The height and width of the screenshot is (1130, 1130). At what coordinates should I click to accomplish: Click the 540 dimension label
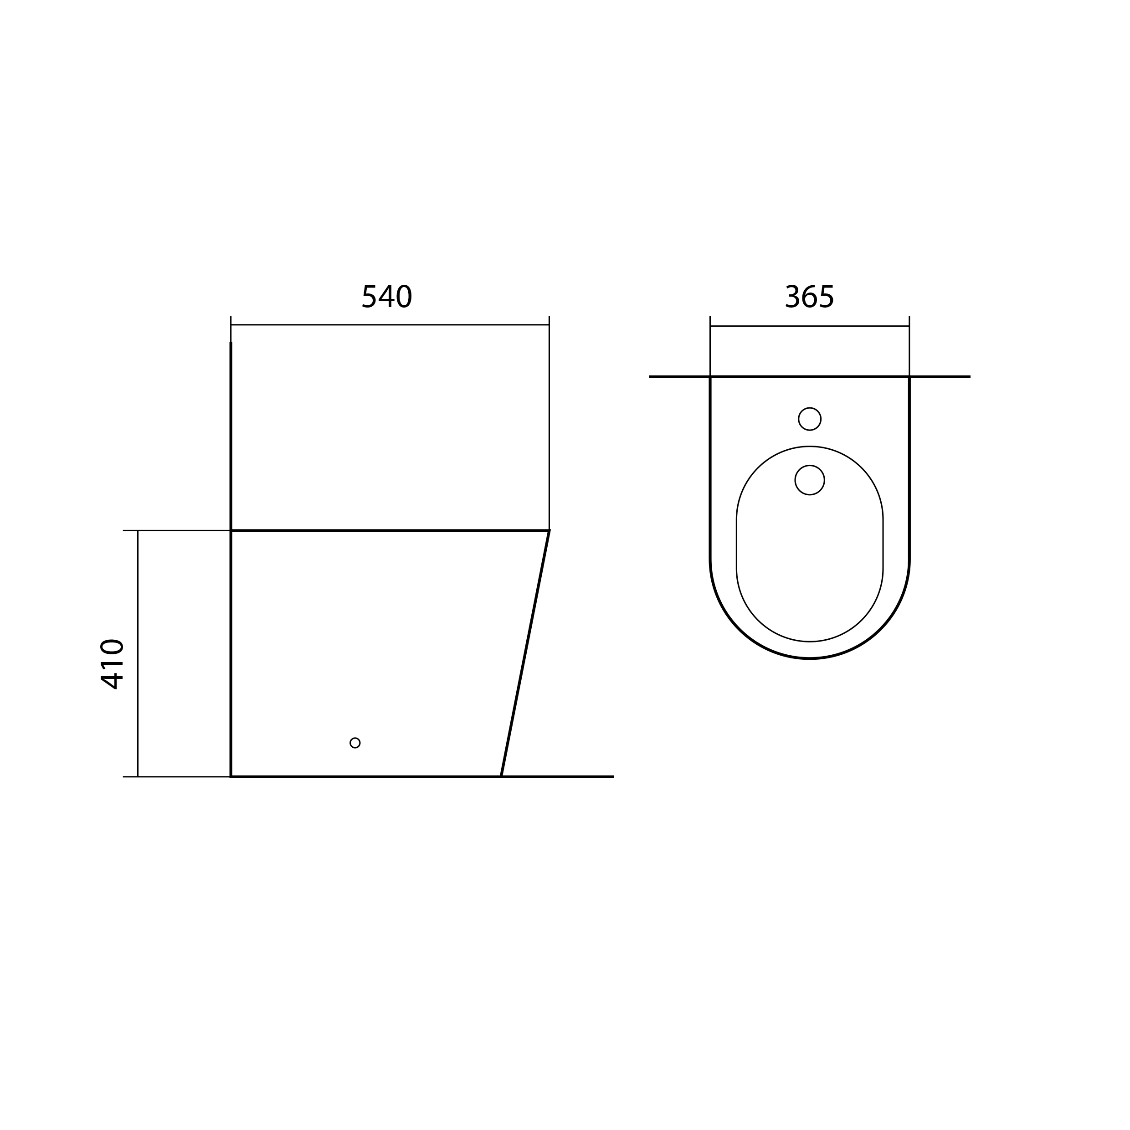click(x=387, y=297)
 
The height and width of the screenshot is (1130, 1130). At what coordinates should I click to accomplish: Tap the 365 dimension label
click(x=810, y=297)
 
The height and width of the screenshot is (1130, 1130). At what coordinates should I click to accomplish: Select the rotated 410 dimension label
click(x=112, y=664)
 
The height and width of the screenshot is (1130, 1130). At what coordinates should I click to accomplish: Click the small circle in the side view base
click(x=355, y=743)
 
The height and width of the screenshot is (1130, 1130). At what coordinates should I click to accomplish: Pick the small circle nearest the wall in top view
click(x=810, y=419)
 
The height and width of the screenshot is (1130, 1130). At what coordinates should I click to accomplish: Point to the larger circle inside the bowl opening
click(x=810, y=480)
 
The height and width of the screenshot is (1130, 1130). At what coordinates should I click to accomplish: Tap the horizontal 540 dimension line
click(x=390, y=324)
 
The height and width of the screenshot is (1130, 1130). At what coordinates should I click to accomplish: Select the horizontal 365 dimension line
click(x=810, y=326)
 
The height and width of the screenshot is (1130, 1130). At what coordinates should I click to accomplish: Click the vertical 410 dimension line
click(x=138, y=653)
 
